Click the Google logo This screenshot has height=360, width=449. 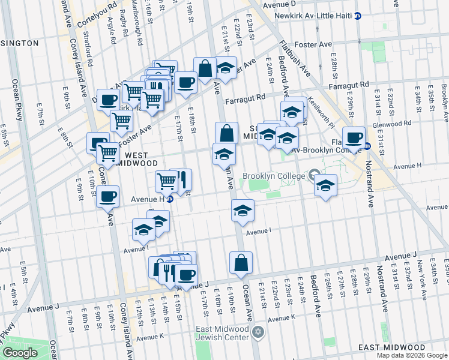pos(20,353)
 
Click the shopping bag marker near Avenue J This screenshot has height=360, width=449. pos(241,263)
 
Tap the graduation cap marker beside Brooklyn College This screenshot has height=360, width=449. pos(326,185)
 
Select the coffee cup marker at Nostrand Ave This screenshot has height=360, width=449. pos(354,137)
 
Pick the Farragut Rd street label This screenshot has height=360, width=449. pos(245,97)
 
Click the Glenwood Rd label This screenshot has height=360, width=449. pos(391,124)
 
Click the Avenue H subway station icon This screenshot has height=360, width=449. pos(170,200)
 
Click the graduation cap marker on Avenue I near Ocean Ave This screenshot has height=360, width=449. pos(243,211)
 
